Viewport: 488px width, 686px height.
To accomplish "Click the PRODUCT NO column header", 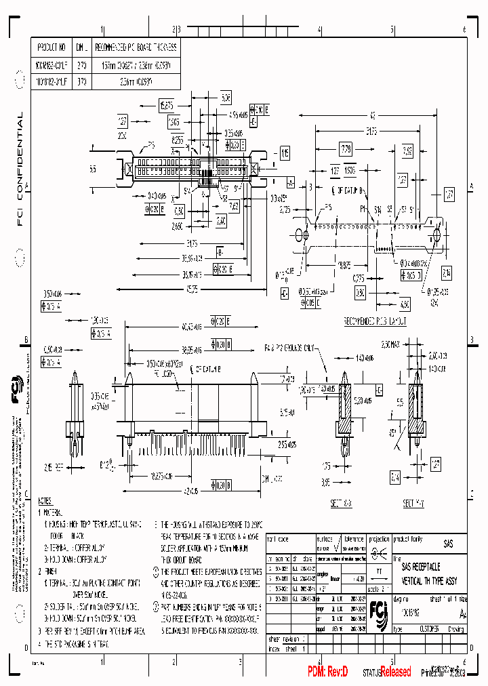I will [x=52, y=47].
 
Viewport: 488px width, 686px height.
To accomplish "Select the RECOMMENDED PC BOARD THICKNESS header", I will [x=136, y=47].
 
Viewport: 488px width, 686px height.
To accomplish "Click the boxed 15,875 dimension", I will [x=166, y=105].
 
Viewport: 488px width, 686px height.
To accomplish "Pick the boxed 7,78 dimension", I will [x=345, y=148].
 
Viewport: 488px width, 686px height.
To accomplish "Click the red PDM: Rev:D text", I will [x=328, y=671].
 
